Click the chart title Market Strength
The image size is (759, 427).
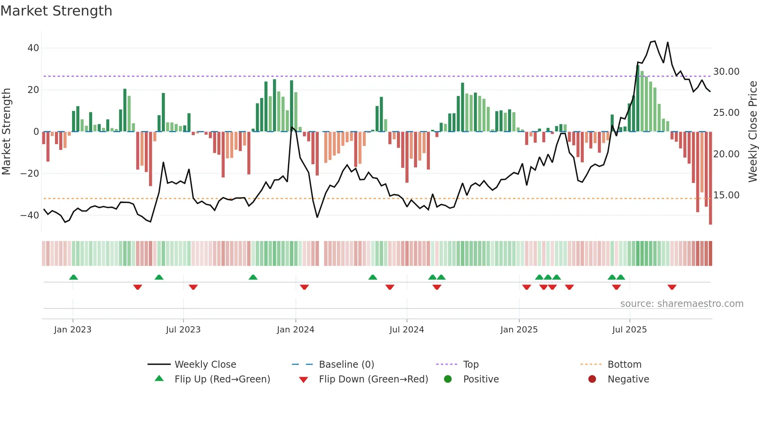56,10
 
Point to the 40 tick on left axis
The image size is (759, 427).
33,48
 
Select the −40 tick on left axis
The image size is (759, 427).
30,215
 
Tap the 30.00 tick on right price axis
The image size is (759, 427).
726,72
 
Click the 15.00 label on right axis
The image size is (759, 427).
726,195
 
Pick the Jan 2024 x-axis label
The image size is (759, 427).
295,330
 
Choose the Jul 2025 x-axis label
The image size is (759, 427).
629,330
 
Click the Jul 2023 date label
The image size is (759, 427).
183,330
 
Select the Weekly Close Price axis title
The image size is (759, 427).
752,132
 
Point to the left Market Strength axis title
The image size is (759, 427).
7,132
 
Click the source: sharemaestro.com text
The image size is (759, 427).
682,304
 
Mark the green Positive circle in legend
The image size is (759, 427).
448,379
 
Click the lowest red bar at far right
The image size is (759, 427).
710,178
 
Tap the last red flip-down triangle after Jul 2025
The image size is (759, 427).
672,287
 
